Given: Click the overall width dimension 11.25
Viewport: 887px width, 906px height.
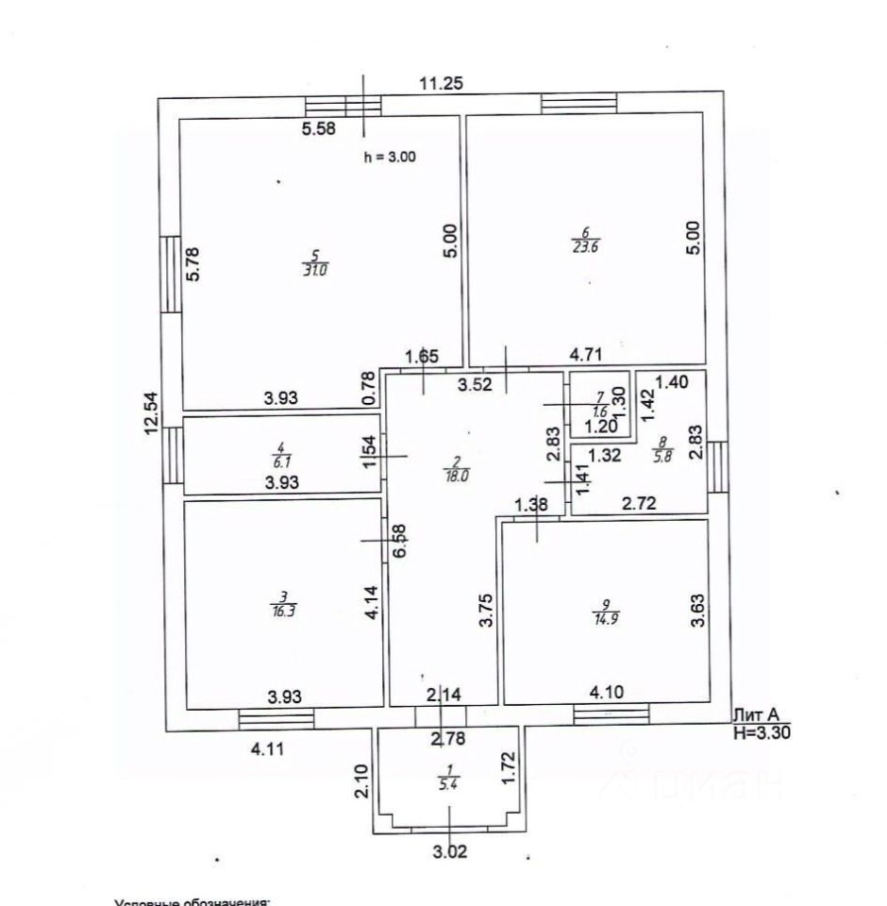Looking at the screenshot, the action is (441, 83).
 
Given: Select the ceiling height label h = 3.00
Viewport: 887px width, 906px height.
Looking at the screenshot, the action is (390, 158).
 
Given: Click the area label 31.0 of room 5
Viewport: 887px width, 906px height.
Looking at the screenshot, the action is (316, 269).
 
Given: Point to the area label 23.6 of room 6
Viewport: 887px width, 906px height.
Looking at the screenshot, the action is (586, 248).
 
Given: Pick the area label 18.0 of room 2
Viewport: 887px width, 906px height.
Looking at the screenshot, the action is (457, 477).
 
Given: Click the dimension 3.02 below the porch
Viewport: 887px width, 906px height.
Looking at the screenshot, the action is (450, 851).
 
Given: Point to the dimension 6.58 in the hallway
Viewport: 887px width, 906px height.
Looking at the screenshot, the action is (399, 539).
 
